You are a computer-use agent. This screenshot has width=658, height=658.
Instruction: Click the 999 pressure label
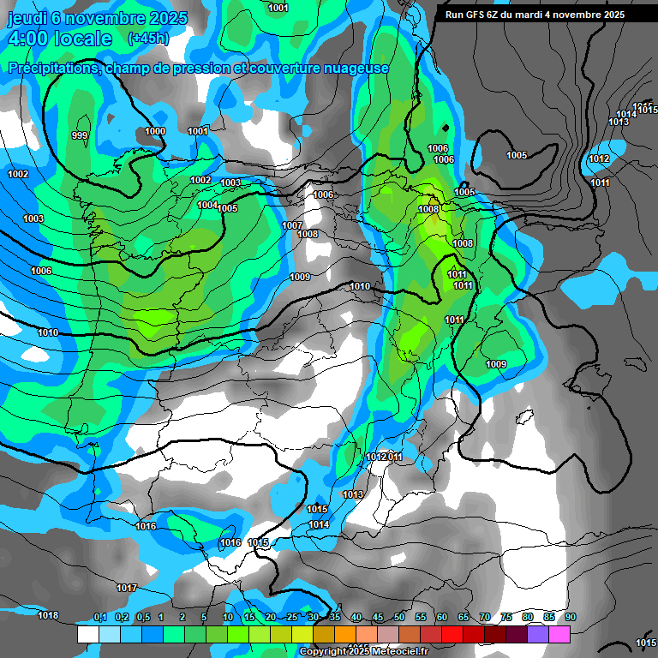click(x=80, y=135)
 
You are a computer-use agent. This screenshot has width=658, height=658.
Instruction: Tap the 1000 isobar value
click(x=155, y=131)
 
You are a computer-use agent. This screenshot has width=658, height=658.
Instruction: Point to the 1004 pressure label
click(x=207, y=205)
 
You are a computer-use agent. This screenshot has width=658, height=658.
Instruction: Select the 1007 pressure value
click(x=292, y=225)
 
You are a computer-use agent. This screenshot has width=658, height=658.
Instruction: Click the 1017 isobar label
click(x=127, y=588)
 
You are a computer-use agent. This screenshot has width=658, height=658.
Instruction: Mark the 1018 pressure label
click(x=48, y=615)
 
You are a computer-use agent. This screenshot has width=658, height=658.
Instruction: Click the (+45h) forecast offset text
click(x=148, y=38)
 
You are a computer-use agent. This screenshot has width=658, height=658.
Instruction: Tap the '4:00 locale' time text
click(x=59, y=39)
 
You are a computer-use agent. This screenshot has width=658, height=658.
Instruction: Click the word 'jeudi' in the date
click(x=27, y=16)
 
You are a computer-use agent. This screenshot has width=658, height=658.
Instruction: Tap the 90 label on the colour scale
click(x=571, y=617)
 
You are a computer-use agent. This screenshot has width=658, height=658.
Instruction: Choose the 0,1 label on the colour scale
click(x=99, y=617)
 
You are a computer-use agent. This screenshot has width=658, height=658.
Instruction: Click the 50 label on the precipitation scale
click(x=399, y=617)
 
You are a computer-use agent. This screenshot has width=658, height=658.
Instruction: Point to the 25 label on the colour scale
click(x=292, y=617)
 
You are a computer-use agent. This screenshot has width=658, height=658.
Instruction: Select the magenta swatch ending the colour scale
click(x=559, y=634)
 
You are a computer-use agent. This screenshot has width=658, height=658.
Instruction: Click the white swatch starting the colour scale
click(x=87, y=634)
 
